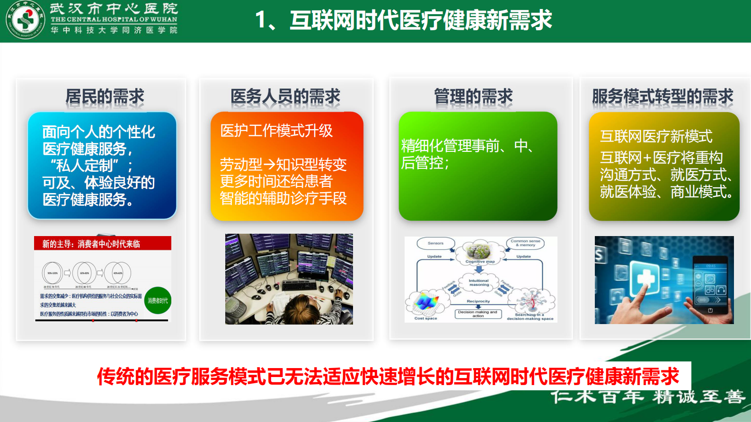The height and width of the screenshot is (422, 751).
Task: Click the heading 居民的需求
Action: pos(105,97)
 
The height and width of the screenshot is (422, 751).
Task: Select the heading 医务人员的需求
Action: pos(285,97)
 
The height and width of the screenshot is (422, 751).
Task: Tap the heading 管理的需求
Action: pos(473,97)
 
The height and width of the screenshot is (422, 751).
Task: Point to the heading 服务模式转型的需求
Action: pos(663,97)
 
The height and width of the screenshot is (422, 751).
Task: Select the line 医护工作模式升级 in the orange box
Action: pos(276,131)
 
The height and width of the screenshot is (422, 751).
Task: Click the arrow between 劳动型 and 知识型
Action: pos(269,165)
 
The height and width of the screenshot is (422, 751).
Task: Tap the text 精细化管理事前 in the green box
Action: pos(450,146)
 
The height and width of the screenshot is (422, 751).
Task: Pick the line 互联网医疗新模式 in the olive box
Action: pos(656,137)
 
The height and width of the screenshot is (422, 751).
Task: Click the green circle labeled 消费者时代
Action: pos(158,300)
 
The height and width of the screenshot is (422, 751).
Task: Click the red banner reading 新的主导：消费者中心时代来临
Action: pos(102,244)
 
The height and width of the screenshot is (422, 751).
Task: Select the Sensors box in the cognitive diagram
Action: pos(435,243)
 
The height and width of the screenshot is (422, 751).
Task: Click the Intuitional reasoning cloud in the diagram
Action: pos(479,282)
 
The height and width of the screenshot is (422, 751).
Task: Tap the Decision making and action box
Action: pos(478,314)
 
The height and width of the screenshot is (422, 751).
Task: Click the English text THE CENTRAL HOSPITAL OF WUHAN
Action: pos(114,19)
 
